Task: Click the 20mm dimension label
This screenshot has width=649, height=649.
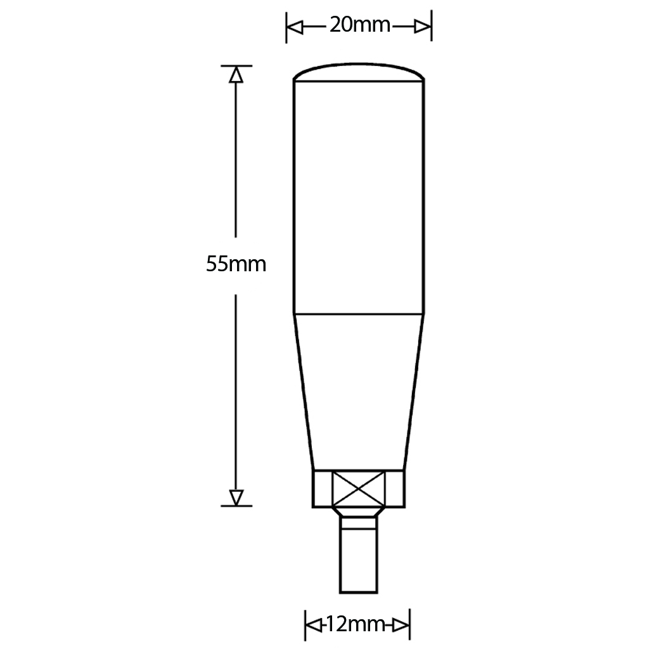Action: point(359,26)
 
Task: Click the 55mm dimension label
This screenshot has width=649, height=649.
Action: point(236,264)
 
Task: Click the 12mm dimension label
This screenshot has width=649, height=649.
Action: point(357,624)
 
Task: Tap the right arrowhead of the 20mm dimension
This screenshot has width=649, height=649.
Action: point(423,27)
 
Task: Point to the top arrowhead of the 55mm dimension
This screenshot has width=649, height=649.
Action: point(236,75)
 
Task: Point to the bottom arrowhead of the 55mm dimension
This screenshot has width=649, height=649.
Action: point(236,497)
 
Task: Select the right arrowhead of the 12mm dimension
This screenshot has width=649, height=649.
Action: point(401,625)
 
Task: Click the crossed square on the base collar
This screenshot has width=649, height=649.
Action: point(359,488)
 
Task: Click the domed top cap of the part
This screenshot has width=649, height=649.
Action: point(359,72)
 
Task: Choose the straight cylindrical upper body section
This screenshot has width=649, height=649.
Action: point(359,196)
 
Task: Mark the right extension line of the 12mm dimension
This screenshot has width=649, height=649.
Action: point(409,625)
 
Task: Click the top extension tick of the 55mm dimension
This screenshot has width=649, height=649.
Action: point(236,65)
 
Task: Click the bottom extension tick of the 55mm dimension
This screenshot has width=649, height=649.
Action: point(236,506)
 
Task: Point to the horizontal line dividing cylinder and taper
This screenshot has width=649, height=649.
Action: point(359,313)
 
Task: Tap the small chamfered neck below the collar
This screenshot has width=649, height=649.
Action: point(359,513)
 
